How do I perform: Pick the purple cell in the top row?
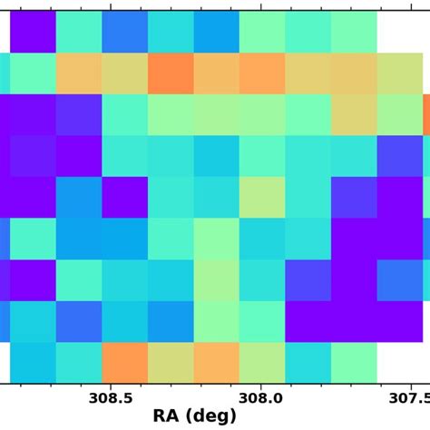tap(33, 32)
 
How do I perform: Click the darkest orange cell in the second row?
tap(171, 73)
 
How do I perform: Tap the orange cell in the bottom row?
tap(125, 362)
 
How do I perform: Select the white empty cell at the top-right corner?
tap(400, 32)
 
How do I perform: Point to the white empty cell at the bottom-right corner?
tap(400, 362)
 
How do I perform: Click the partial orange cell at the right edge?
tap(426, 114)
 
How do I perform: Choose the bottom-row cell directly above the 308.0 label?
tap(262, 362)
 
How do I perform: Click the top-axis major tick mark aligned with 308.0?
tap(261, 7)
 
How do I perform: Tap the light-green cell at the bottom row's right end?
tap(354, 362)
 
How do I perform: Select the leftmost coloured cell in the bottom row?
tap(33, 362)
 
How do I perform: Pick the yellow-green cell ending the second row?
tap(400, 73)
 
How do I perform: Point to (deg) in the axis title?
tap(210, 416)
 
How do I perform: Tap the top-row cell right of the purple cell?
tap(79, 32)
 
